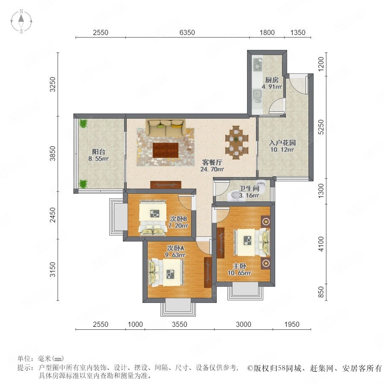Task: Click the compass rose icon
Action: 21,21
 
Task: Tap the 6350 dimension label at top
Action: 187,32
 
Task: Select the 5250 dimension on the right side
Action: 320,127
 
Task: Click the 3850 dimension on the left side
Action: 52,153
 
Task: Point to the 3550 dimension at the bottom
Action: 180,324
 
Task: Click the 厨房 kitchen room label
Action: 272,80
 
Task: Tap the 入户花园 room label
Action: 282,143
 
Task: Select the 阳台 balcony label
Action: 99,151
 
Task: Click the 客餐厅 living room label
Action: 212,162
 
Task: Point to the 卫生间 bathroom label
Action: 249,188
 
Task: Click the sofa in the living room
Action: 166,128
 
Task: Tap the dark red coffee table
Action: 166,150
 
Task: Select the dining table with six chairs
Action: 236,143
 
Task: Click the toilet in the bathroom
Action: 261,186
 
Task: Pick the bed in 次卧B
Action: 153,218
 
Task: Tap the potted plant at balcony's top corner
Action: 83,123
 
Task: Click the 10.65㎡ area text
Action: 239,273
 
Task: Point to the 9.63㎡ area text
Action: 175,255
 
